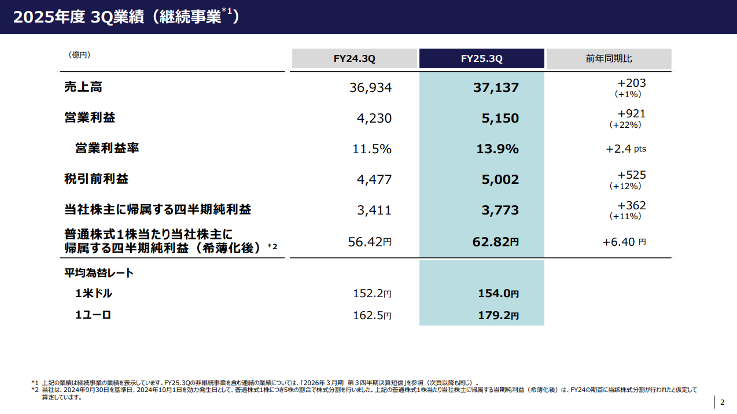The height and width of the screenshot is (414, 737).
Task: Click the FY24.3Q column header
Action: [354, 59]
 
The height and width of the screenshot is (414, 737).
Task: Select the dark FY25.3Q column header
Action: [481, 59]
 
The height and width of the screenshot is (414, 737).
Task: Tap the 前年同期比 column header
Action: [609, 59]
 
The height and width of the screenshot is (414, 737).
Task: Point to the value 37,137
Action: [496, 88]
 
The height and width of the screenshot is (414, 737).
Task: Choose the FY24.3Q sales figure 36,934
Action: [370, 88]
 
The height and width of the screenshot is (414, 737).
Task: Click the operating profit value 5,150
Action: [500, 119]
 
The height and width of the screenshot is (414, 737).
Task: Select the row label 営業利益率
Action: [107, 149]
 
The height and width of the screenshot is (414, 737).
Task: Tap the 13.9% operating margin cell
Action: [497, 149]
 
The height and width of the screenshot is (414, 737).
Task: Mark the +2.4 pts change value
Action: [625, 149]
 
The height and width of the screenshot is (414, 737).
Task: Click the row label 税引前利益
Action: [96, 179]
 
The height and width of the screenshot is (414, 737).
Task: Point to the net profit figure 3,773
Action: [500, 210]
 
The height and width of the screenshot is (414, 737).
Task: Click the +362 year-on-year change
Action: [631, 206]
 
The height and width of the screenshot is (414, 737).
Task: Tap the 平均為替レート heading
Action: [99, 273]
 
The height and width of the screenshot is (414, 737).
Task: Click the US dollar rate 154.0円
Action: [498, 294]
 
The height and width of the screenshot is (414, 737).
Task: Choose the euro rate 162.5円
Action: [372, 316]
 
